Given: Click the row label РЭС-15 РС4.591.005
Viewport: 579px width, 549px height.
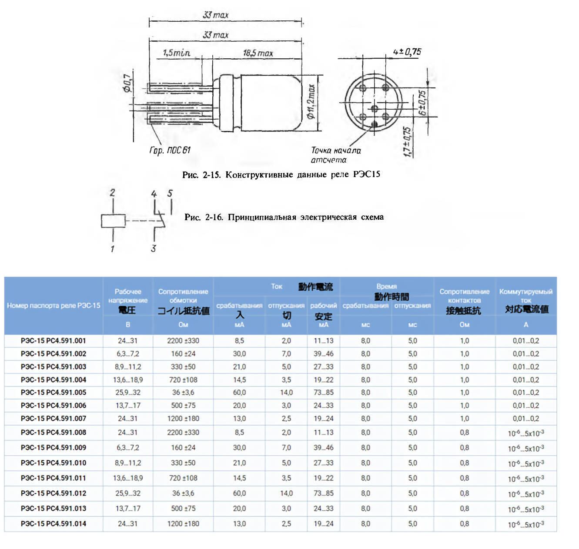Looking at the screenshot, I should (x=54, y=392).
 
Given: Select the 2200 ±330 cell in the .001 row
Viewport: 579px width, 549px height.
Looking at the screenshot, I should (x=183, y=341).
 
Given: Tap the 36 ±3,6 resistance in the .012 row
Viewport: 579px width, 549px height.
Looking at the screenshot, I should (x=183, y=493).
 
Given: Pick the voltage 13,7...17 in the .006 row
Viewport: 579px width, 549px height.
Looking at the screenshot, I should (x=128, y=405).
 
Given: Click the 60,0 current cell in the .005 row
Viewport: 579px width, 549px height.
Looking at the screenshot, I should (x=239, y=392).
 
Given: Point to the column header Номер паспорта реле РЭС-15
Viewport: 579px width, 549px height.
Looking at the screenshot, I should (x=54, y=305).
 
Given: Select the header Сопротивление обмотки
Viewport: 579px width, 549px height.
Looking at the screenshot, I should (x=183, y=296).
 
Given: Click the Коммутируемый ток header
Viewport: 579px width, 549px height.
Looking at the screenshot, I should (x=526, y=295).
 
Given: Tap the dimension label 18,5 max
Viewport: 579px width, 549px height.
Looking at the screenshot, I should (x=258, y=53).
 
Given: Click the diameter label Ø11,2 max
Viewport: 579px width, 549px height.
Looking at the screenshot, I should (x=311, y=102).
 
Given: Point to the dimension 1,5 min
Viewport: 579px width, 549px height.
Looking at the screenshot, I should (x=176, y=53).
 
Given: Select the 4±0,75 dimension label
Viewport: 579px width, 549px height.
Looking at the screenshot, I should (x=407, y=52).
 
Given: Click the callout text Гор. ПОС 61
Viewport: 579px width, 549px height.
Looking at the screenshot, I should (x=170, y=150).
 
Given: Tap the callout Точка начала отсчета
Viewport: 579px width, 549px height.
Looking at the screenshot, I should (x=335, y=155).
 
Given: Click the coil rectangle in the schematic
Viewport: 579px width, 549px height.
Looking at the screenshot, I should (x=113, y=221).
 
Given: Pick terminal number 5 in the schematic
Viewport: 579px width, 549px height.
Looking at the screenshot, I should (x=170, y=193).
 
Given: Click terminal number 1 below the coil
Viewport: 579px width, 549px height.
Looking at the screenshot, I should (x=112, y=249).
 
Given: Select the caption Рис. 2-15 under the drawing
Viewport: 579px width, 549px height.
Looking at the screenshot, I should (x=281, y=174).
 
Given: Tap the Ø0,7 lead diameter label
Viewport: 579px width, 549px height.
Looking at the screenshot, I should (x=127, y=83).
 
